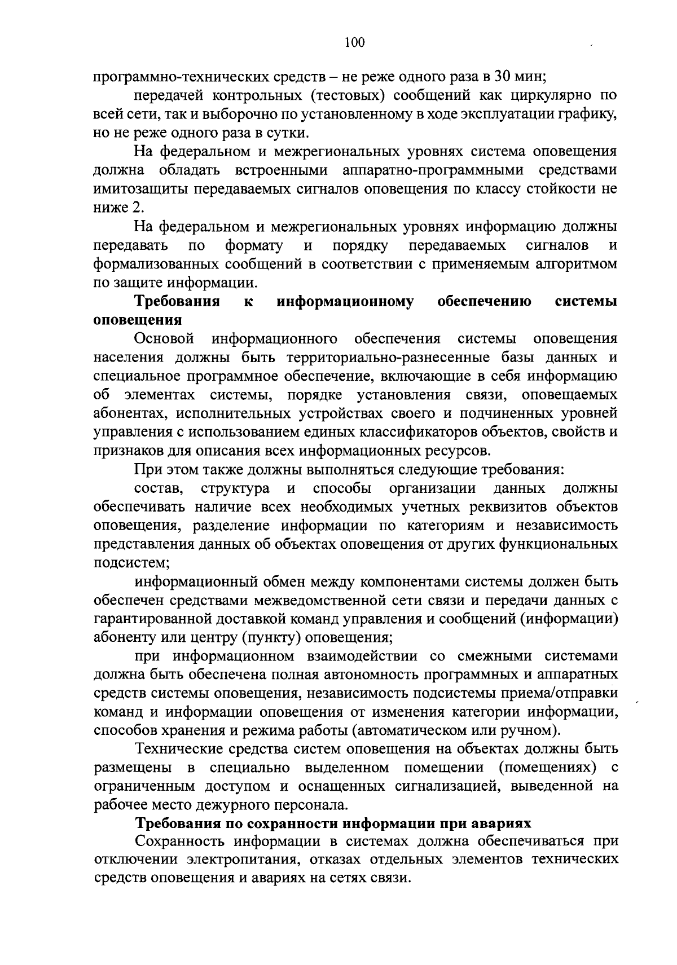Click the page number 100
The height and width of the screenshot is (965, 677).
coord(354,42)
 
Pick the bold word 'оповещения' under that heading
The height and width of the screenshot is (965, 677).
coord(137,320)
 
